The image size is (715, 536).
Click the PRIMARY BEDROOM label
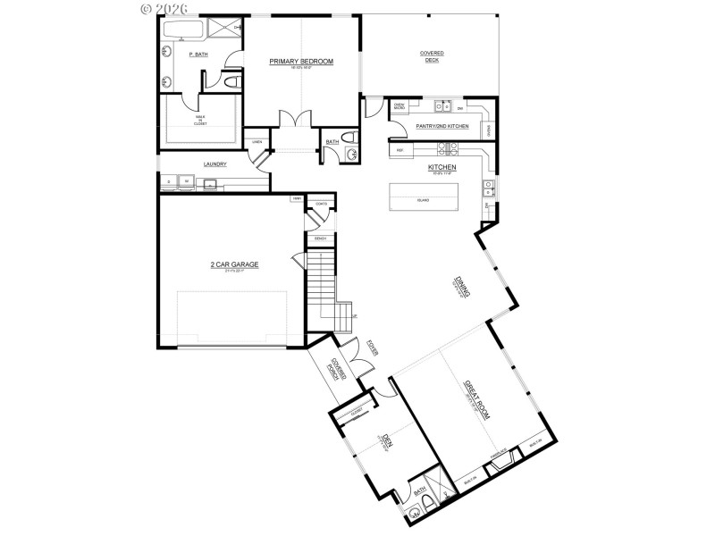(302, 61)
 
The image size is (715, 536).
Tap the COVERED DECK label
(432, 56)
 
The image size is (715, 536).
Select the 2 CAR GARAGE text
(234, 264)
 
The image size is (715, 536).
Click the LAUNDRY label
(214, 164)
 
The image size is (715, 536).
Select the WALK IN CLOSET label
(200, 120)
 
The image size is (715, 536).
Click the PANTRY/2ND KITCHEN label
(442, 127)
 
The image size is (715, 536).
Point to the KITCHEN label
(442, 167)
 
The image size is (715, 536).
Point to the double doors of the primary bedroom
(293, 120)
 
